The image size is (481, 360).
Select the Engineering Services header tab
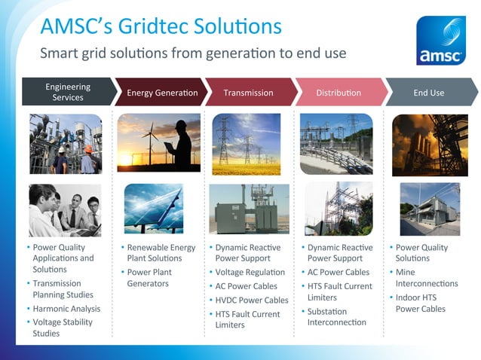[67, 92]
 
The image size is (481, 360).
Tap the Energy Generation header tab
[161, 93]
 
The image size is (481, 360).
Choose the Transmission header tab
[248, 93]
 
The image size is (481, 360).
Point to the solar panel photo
[154, 209]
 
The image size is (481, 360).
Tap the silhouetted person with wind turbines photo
[158, 143]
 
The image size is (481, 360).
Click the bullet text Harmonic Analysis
[66, 308]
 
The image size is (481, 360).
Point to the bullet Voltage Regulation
[250, 272]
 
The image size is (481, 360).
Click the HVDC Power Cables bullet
[252, 300]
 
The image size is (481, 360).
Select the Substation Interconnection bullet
[336, 316]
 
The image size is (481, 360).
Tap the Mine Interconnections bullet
[426, 277]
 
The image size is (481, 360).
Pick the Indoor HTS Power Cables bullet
[421, 303]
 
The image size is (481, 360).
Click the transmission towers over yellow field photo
[247, 144]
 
